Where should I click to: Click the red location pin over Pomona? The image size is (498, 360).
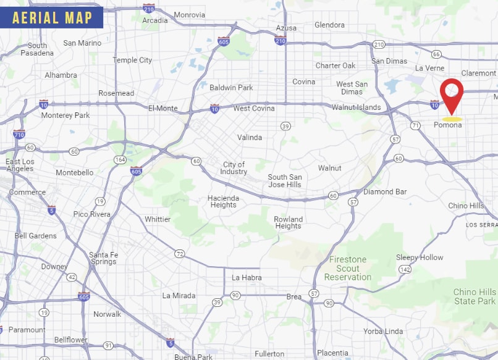[x=452, y=94]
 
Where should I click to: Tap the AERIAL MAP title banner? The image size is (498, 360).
[x=52, y=17]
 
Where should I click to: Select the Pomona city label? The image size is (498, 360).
[x=447, y=125]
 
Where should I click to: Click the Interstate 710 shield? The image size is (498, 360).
[x=19, y=134]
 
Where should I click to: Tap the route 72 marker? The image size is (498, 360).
[x=179, y=253]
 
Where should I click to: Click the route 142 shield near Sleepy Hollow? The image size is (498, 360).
[x=405, y=269]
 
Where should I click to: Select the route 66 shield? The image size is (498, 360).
[x=436, y=54]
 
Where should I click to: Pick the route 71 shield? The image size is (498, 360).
[x=415, y=125]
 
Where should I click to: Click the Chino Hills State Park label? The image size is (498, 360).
[x=475, y=296]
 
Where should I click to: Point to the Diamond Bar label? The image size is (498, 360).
[x=385, y=192]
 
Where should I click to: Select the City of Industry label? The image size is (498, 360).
[x=234, y=168]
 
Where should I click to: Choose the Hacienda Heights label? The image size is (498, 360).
[x=223, y=201]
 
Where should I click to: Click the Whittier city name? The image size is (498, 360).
[x=158, y=219]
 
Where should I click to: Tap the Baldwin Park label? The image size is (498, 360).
[x=231, y=88]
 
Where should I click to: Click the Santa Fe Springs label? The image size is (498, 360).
[x=103, y=258]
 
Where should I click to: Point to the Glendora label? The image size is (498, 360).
[x=329, y=25]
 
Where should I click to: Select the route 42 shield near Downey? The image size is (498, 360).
[x=72, y=277]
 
